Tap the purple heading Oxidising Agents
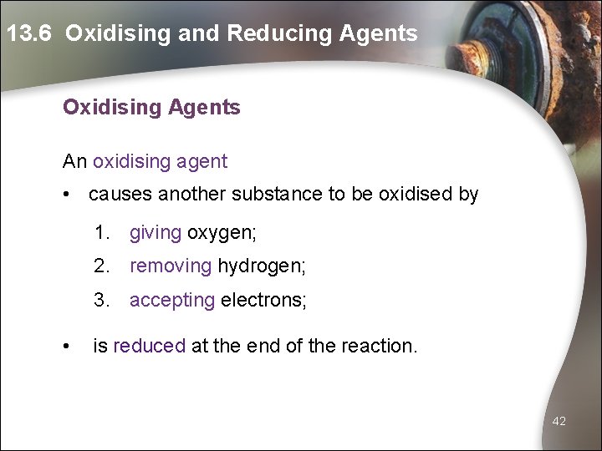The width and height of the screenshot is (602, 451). click(x=151, y=108)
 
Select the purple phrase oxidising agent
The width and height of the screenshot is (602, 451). click(x=160, y=161)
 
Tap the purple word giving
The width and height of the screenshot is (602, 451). click(x=156, y=233)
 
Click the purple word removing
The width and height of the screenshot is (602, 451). click(x=171, y=266)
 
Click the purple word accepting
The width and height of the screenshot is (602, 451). click(x=172, y=300)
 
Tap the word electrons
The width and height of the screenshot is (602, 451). click(x=263, y=300)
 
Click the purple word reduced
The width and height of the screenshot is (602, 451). click(x=149, y=345)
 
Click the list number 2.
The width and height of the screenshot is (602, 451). click(x=101, y=266)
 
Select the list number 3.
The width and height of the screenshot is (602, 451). click(x=101, y=300)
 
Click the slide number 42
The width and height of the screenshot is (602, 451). click(x=559, y=422)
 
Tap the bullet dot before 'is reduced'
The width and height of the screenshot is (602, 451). click(x=66, y=345)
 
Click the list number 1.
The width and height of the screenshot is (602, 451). click(x=101, y=233)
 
